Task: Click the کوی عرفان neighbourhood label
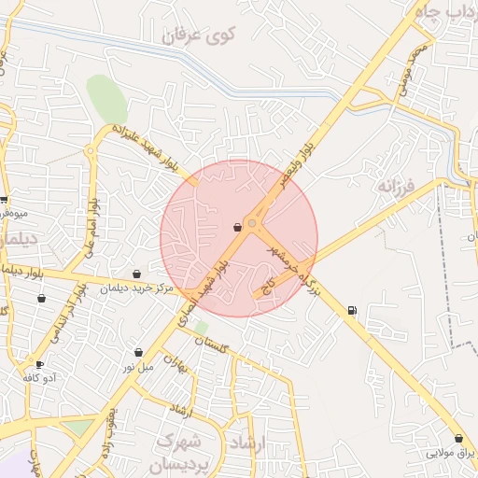(200, 35)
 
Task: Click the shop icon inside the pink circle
(237, 227)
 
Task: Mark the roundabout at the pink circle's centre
(252, 224)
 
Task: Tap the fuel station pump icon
(352, 310)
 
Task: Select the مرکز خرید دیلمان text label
(138, 288)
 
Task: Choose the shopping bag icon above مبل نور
(139, 353)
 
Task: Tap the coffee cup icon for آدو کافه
(39, 364)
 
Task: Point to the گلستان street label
(211, 344)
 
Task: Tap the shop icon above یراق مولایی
(458, 439)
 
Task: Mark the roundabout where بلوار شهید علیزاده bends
(91, 149)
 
